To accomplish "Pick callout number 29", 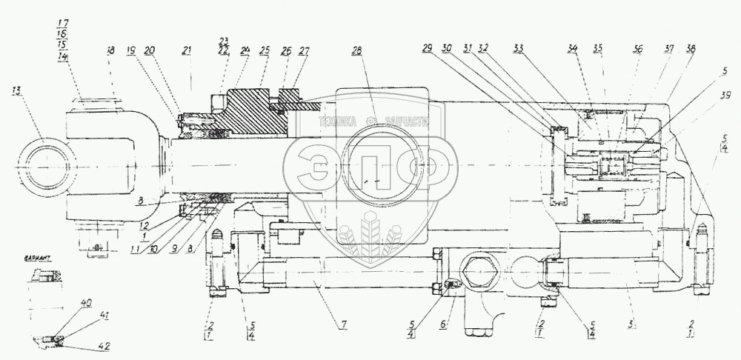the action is coord(428,49).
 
